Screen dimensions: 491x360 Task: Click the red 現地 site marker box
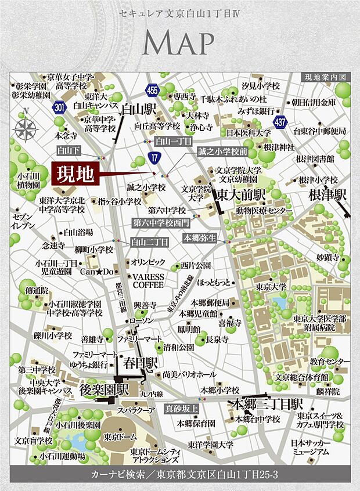[x=75, y=174]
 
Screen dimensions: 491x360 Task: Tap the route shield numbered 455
[x=152, y=90]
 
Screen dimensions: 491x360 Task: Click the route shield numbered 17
[x=153, y=157]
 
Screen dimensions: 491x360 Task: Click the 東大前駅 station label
[x=235, y=196]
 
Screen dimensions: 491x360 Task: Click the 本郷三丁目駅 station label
[x=266, y=403]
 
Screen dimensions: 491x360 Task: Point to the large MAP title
[x=179, y=44]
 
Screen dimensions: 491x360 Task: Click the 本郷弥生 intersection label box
[x=200, y=237]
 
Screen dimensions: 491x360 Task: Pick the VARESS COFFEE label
[x=148, y=281]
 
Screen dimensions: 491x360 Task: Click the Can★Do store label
[x=92, y=271]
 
